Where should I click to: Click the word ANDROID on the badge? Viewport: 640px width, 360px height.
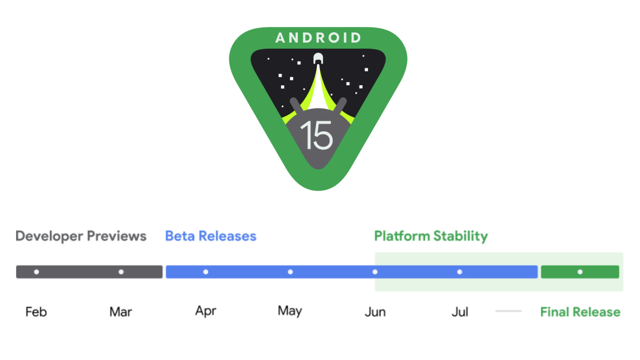click(x=318, y=38)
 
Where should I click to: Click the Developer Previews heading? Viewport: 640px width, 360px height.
click(x=81, y=236)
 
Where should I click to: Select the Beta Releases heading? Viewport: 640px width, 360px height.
click(x=211, y=236)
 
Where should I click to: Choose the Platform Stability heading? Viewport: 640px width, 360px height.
click(x=430, y=236)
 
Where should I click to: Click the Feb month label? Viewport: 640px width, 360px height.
click(x=36, y=312)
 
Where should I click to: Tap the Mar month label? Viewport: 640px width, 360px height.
click(x=121, y=312)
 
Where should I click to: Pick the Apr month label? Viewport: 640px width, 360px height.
click(x=205, y=311)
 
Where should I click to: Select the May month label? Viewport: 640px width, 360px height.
click(x=290, y=311)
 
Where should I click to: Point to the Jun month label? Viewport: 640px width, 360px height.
click(x=375, y=312)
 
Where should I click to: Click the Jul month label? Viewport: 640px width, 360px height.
click(x=460, y=312)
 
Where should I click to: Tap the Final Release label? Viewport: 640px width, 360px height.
click(x=580, y=312)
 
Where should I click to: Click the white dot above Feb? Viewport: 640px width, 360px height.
click(x=37, y=272)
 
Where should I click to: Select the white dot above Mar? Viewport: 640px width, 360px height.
click(x=121, y=272)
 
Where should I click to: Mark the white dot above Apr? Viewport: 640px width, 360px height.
click(x=206, y=272)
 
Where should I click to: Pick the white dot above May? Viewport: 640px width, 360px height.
click(x=291, y=272)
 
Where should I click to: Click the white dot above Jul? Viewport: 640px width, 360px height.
click(x=460, y=272)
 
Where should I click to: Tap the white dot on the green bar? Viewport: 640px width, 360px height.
click(x=580, y=272)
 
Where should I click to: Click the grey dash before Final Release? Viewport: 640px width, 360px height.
click(x=509, y=311)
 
